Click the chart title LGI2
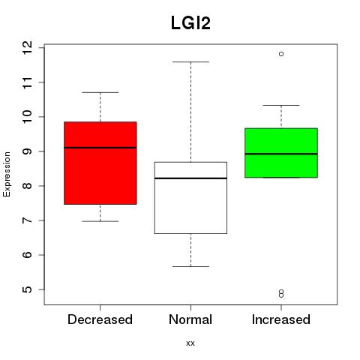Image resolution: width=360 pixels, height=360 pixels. coord(190,23)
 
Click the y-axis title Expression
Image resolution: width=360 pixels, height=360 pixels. coord(7,174)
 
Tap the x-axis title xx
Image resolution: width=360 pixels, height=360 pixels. coord(190,343)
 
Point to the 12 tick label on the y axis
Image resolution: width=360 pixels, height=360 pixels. coord(27,47)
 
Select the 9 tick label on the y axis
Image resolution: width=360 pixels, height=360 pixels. coord(27,151)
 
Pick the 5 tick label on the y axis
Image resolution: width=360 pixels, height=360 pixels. coord(27,289)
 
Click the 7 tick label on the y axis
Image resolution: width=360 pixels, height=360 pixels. coord(27,220)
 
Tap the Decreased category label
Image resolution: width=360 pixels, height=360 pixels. coord(100,319)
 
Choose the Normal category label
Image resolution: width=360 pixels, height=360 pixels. coord(190,319)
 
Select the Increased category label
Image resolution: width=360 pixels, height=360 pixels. coord(281,319)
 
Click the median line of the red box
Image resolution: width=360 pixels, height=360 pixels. coord(100,148)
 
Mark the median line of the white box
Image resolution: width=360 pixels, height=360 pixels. coord(190,178)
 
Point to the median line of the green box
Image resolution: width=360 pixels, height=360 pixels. coord(281,154)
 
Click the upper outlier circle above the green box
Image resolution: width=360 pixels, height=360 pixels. coord(281,54)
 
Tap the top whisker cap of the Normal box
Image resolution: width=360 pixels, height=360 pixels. coord(190,61)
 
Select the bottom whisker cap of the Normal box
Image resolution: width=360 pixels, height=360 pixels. coord(190,266)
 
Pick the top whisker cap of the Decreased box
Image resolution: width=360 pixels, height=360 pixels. coord(100,92)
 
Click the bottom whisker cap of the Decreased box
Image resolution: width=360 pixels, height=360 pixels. coord(100,221)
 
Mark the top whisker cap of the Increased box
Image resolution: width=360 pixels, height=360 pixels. coord(281,105)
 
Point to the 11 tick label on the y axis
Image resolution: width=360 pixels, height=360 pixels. coord(27,82)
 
